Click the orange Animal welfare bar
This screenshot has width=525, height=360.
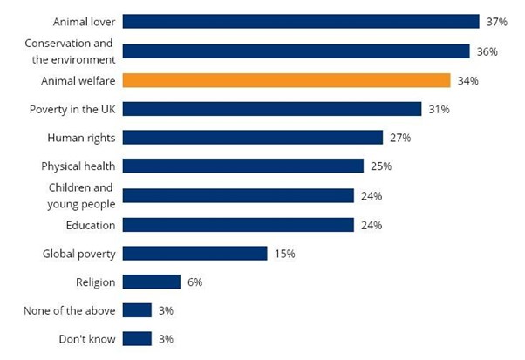286,80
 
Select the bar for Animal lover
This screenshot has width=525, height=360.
301,22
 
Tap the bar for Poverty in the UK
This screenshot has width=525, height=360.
272,109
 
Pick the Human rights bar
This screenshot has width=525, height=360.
253,138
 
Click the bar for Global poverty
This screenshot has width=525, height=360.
194,254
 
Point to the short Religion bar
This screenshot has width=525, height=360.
151,282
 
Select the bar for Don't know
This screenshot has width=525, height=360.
137,339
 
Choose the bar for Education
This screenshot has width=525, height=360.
238,225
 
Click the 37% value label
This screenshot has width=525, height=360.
496,22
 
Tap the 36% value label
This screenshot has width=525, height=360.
487,51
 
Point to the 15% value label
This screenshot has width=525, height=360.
284,254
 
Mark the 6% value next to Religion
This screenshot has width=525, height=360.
194,282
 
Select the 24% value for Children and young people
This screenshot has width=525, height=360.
371,196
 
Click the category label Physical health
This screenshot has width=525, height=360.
78,166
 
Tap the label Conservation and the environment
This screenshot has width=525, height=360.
70,51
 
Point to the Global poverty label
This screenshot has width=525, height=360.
79,254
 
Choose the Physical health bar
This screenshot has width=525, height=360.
243,166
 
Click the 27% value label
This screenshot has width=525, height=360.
399,138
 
